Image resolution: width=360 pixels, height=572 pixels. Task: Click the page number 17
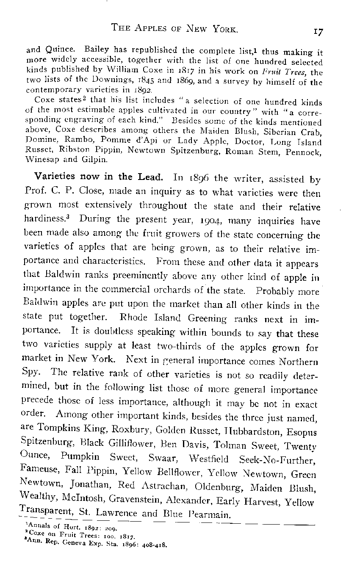(x=317, y=30)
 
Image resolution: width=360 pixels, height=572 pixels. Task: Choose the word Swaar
(x=163, y=459)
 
